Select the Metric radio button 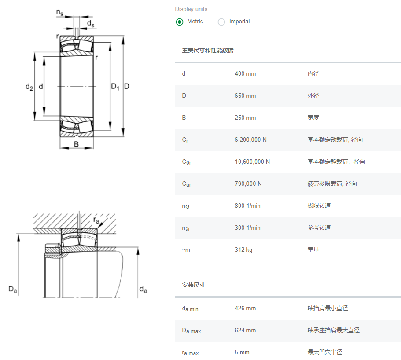click(180, 22)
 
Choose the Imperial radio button click(221, 22)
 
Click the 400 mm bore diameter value click(245, 73)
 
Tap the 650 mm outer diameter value click(245, 96)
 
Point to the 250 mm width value click(245, 118)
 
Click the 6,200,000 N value click(250, 140)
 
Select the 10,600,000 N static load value click(252, 162)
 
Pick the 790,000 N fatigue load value click(248, 184)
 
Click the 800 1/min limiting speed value click(247, 206)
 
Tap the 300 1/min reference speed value click(247, 228)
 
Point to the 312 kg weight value click(243, 250)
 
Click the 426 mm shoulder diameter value click(245, 308)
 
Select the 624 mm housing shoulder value click(245, 330)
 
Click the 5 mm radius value click(242, 352)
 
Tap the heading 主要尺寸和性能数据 click(208, 50)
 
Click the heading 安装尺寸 click(193, 285)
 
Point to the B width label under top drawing click(76, 144)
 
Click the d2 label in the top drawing click(29, 87)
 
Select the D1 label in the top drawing click(115, 87)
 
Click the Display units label click(191, 9)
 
